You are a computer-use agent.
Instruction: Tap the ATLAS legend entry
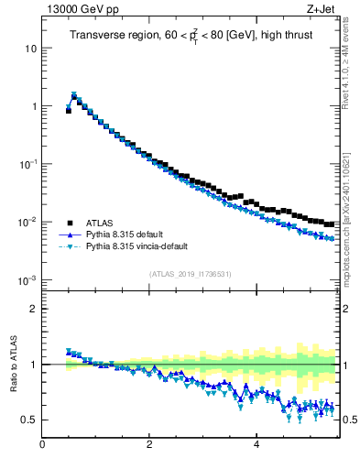(101, 223)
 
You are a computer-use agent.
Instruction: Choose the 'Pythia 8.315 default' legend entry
(126, 234)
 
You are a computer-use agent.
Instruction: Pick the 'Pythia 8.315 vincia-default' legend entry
(138, 247)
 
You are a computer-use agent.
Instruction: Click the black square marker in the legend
(69, 223)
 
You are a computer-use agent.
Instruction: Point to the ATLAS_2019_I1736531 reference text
(189, 274)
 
